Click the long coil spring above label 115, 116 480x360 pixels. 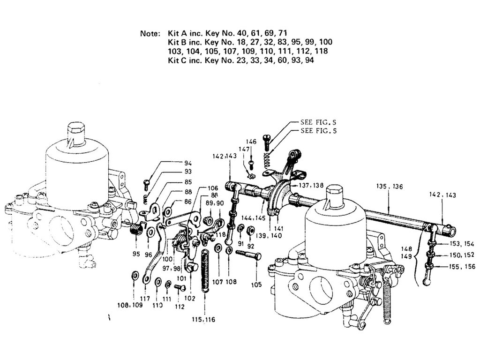[204, 270]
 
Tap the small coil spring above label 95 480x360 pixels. [135, 229]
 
